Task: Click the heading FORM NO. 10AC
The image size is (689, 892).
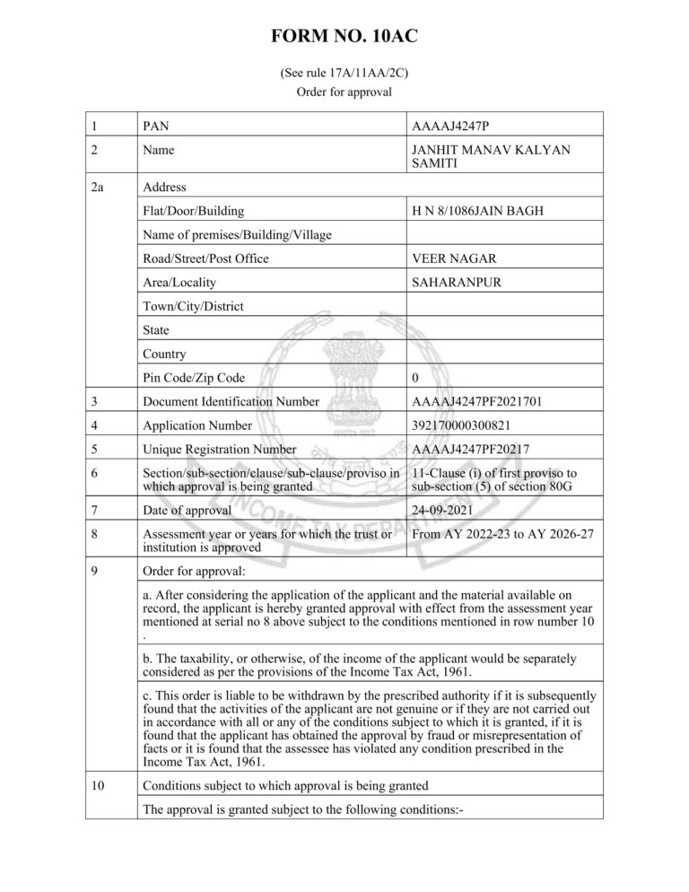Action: [344, 37]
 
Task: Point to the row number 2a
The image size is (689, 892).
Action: [99, 188]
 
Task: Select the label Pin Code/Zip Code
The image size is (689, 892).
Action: [193, 378]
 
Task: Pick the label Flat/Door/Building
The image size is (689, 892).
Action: [193, 212]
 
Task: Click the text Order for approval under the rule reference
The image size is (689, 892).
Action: [344, 92]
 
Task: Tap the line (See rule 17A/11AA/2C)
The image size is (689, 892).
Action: [344, 74]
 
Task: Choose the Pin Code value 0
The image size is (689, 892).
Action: [414, 378]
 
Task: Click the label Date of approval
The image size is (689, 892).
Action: [187, 510]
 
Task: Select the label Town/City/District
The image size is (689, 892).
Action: [193, 306]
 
